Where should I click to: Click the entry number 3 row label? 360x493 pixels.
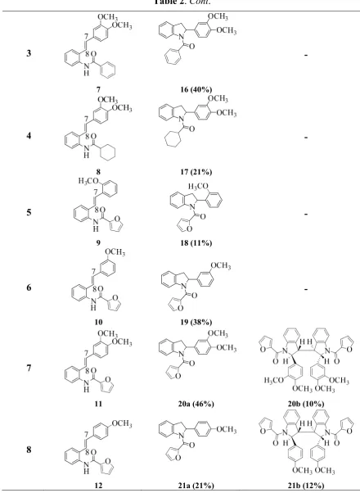point(29,53)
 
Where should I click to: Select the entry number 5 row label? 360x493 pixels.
point(29,212)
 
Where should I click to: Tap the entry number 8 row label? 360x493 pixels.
point(29,450)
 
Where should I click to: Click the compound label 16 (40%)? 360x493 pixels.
point(196,89)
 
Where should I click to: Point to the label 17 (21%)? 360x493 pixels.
point(196,172)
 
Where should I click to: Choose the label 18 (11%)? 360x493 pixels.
point(196,242)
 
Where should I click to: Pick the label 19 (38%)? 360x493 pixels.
point(196,322)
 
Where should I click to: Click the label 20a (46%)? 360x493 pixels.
point(196,404)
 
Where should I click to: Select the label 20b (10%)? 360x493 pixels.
point(306,404)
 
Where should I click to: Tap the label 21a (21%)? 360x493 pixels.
point(196,486)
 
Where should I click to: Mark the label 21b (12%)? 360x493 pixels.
point(306,486)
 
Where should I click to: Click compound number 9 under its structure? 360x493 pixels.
point(98,242)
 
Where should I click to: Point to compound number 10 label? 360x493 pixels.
point(98,322)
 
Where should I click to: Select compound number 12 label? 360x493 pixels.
point(98,486)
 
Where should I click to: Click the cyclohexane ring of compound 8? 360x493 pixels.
point(108,152)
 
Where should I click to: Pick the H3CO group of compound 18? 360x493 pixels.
point(198,187)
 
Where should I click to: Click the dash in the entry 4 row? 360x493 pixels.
point(306,138)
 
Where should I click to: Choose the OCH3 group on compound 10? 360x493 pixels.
point(115,252)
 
